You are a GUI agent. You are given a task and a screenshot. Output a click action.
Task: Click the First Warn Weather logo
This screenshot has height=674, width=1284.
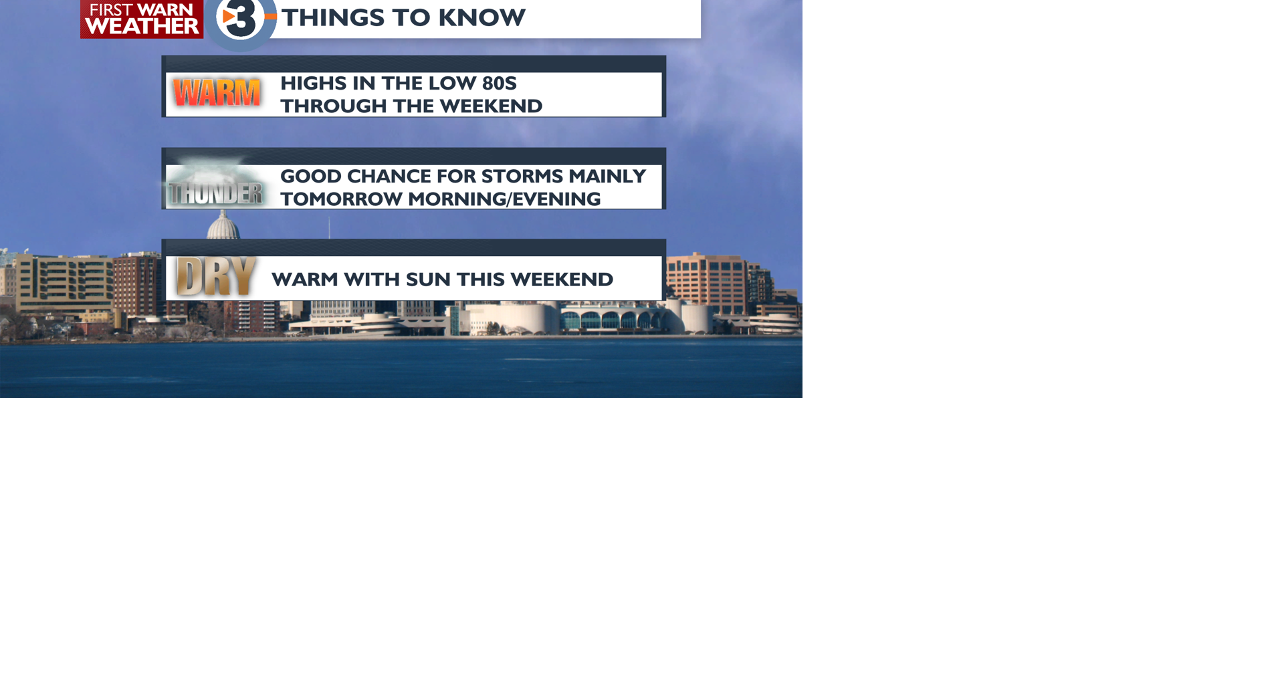[142, 19]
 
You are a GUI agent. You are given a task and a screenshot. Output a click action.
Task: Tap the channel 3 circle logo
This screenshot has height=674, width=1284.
[240, 20]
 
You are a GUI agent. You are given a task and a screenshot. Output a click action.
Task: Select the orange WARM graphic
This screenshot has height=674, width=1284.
[216, 93]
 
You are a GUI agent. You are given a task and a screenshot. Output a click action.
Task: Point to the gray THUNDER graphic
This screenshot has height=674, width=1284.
[215, 193]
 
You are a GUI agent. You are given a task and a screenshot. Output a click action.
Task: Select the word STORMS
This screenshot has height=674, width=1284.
[522, 177]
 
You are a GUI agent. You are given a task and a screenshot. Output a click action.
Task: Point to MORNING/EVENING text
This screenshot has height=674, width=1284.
[504, 199]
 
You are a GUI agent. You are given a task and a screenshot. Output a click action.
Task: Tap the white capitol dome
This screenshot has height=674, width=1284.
[223, 225]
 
